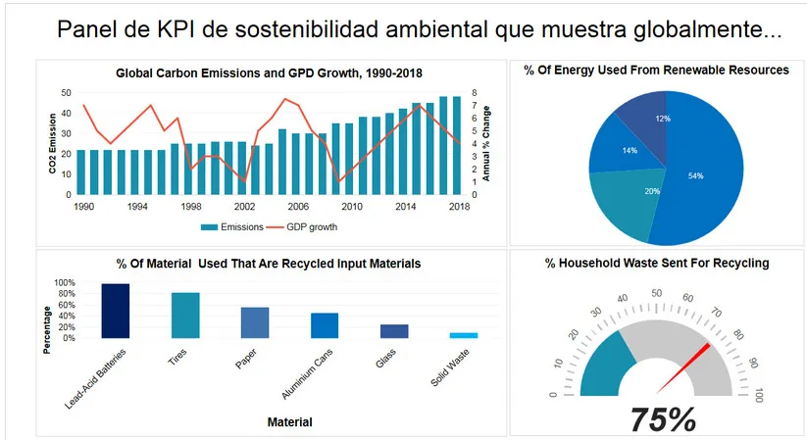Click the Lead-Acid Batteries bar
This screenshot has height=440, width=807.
[116, 311]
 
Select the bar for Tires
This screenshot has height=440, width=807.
[185, 316]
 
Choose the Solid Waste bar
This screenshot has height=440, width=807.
[464, 335]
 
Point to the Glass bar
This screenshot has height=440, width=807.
[394, 331]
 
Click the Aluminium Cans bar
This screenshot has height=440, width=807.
[325, 325]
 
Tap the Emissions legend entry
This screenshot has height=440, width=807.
[231, 226]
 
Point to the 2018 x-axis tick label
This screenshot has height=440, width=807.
[457, 207]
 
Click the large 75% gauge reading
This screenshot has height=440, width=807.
[663, 418]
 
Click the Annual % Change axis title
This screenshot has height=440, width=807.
[485, 144]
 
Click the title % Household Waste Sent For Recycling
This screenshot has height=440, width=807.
[657, 263]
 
